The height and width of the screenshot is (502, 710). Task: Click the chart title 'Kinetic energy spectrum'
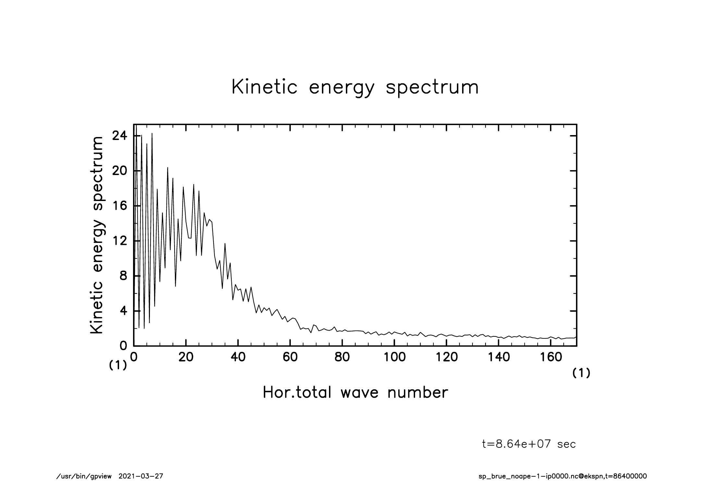click(355, 87)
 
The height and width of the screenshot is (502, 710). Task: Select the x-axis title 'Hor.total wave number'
click(355, 392)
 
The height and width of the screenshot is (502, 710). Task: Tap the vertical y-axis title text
click(97, 235)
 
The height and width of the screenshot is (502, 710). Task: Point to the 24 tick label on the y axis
click(119, 136)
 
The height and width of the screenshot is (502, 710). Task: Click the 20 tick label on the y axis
click(119, 171)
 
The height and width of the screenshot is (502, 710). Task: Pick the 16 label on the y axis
click(119, 206)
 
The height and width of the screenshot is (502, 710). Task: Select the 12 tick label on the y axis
click(119, 241)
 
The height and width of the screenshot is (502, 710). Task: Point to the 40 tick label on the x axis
click(238, 357)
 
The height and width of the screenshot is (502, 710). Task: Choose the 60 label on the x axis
click(290, 357)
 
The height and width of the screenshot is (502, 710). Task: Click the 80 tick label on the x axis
click(342, 357)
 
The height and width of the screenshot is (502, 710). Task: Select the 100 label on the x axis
click(394, 357)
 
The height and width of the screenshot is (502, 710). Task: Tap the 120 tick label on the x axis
click(447, 357)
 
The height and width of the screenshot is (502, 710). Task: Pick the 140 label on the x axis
click(498, 357)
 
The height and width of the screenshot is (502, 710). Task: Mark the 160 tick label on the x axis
click(551, 357)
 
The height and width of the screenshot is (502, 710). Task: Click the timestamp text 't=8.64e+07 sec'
click(529, 444)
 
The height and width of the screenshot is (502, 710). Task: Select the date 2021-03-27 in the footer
click(141, 476)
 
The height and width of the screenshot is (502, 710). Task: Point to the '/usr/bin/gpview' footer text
click(84, 476)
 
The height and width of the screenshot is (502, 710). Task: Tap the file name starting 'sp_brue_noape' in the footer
click(563, 476)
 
